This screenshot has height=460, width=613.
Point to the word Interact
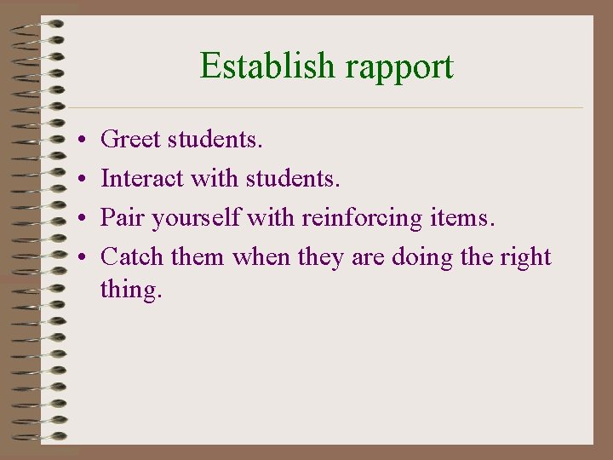coord(142,178)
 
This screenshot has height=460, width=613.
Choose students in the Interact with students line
coord(292,178)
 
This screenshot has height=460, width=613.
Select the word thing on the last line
coord(130,290)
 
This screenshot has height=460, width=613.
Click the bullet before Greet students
coord(77,139)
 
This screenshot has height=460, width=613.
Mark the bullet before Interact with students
coord(77,179)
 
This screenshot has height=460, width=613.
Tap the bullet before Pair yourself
coord(77,219)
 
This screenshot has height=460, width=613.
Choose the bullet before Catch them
coord(77,258)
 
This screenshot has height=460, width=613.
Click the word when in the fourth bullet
coord(261,257)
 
